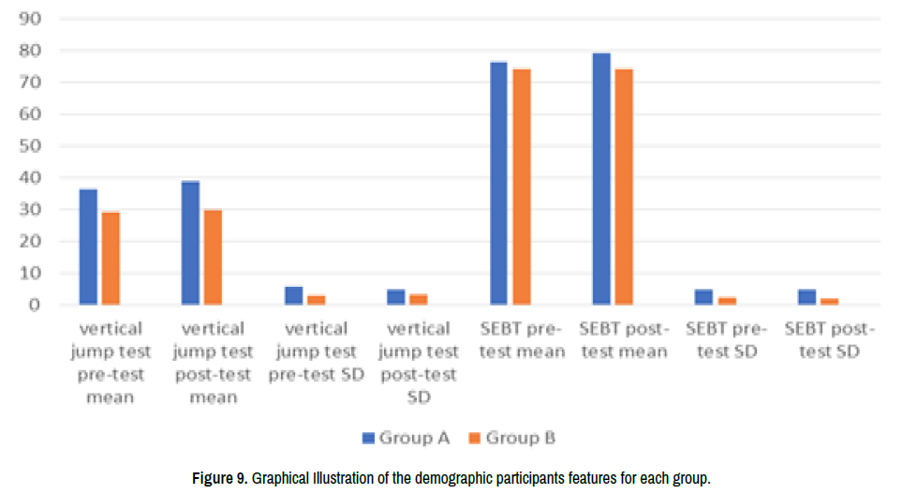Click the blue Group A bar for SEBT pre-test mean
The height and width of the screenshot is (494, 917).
pyautogui.click(x=498, y=184)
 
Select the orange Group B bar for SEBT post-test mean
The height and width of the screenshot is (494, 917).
pyautogui.click(x=624, y=187)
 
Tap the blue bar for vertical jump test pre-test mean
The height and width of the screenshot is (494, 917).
pyautogui.click(x=88, y=247)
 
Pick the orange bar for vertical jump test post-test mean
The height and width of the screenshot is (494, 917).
pyautogui.click(x=213, y=257)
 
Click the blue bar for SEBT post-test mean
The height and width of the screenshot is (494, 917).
pyautogui.click(x=601, y=179)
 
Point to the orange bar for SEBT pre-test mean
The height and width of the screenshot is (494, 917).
pyautogui.click(x=522, y=187)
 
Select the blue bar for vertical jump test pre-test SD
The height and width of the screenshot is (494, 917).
pyautogui.click(x=294, y=295)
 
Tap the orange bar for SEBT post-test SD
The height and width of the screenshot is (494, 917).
pyautogui.click(x=829, y=301)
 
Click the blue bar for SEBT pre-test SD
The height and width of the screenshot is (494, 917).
pyautogui.click(x=703, y=296)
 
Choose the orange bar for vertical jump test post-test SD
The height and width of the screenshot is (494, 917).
pyautogui.click(x=419, y=299)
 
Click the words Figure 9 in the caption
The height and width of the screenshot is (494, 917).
pyautogui.click(x=218, y=478)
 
